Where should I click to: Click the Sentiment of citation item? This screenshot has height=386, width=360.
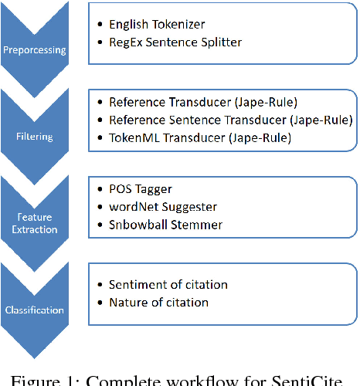click(x=168, y=285)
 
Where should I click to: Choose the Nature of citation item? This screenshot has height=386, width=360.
click(x=158, y=302)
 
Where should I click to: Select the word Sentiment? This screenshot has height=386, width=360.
click(x=138, y=285)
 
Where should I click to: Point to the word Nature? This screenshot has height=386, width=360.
click(x=129, y=302)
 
